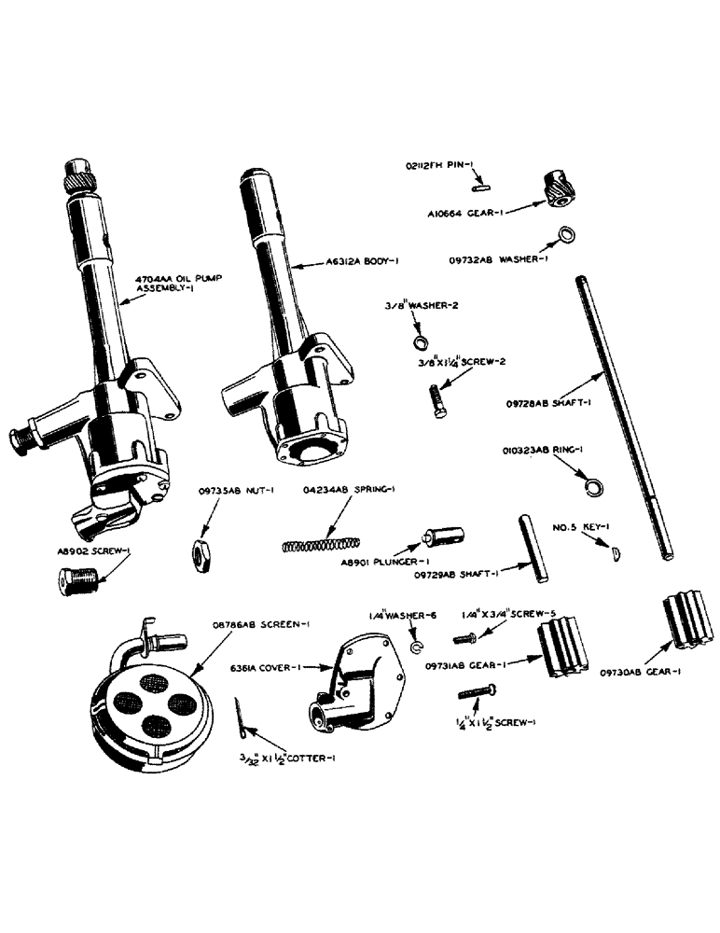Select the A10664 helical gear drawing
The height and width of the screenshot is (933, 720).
click(557, 188)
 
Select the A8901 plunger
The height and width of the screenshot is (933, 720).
click(441, 540)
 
